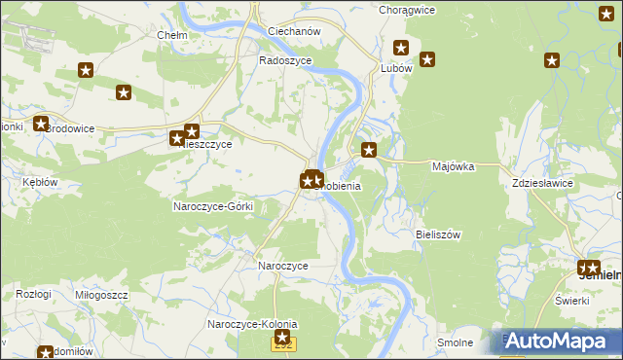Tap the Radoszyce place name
point(285,59)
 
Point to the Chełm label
point(171,35)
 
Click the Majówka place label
point(452,166)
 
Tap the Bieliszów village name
point(437,234)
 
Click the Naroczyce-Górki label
point(213,206)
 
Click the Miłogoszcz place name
point(100,294)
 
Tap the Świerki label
point(573,300)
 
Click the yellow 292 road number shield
point(283,343)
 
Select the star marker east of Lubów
point(426,59)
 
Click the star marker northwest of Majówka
point(369,150)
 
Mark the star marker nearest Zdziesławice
point(552,60)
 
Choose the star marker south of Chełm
point(124,93)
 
